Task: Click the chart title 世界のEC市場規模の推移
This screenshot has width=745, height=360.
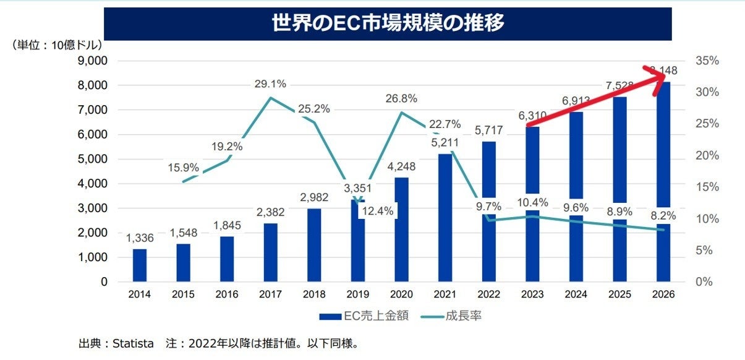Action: pyautogui.click(x=388, y=24)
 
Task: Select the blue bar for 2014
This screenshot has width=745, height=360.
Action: pyautogui.click(x=140, y=265)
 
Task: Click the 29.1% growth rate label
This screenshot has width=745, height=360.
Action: pyautogui.click(x=270, y=83)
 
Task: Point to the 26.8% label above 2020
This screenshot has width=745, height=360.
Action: pyautogui.click(x=402, y=98)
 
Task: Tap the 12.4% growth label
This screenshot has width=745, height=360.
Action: pyautogui.click(x=377, y=211)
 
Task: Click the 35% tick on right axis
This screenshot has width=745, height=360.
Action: pyautogui.click(x=707, y=61)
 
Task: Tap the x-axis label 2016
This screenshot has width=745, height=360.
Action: pyautogui.click(x=228, y=295)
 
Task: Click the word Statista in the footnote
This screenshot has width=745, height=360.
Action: pyautogui.click(x=132, y=343)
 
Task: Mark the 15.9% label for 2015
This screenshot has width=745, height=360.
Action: pyautogui.click(x=183, y=167)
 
